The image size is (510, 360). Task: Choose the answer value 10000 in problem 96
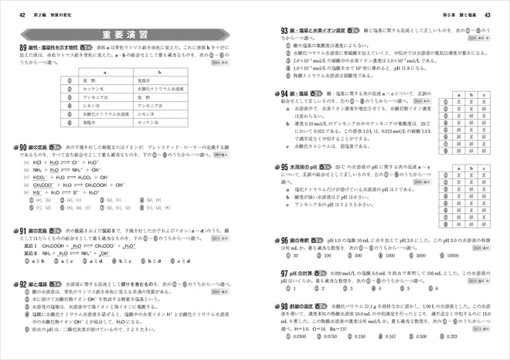pos(450,254)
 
